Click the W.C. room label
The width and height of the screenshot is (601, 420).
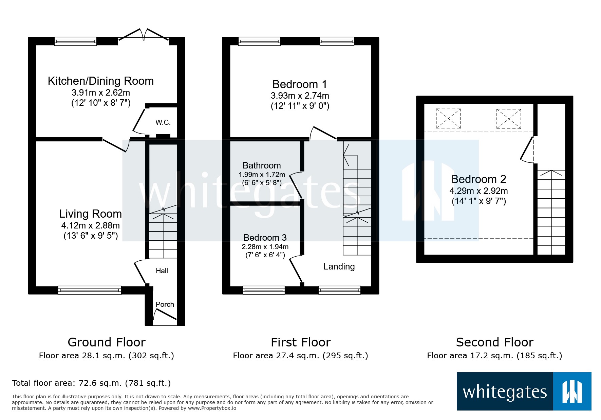[163, 122]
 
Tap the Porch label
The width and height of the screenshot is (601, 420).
[165, 304]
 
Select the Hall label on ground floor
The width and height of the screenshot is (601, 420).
[162, 271]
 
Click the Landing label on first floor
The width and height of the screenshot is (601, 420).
[339, 267]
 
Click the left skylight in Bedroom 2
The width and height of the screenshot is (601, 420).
[448, 118]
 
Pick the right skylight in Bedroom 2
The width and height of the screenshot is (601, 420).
[508, 118]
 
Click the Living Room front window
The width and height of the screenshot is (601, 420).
[90, 290]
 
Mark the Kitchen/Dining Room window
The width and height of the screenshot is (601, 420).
[76, 41]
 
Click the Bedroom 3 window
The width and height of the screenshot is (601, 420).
[264, 290]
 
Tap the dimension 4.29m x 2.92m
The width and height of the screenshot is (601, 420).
[478, 191]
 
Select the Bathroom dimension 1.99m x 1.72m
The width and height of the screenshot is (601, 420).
[262, 175]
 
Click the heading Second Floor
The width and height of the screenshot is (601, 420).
[494, 342]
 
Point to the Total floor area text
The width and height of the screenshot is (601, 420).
[91, 383]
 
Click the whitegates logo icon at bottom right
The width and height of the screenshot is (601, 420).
[572, 392]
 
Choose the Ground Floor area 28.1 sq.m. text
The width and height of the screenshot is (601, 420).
[106, 356]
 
